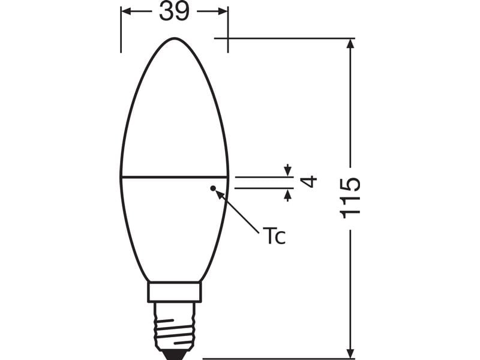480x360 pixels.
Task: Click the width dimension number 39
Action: point(174,11)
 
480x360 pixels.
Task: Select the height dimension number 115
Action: point(350,197)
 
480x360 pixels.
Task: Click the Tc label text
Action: point(273,235)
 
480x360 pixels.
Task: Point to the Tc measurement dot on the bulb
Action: point(212,188)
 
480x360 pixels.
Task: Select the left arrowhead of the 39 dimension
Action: point(124,11)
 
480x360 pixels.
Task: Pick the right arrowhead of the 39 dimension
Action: point(224,11)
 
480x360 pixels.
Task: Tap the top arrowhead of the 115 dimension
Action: point(350,43)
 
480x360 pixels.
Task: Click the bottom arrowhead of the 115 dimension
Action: point(350,353)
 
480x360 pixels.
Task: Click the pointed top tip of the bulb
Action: point(174,38)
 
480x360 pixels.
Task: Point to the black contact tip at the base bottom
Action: point(174,354)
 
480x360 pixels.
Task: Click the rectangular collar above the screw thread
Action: point(174,292)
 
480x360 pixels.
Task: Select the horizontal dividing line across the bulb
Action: point(174,177)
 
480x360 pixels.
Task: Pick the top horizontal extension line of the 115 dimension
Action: point(282,38)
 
